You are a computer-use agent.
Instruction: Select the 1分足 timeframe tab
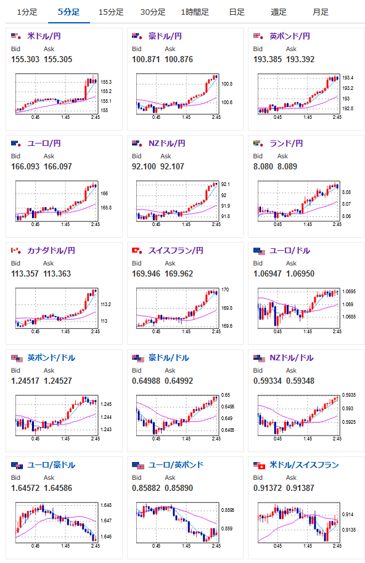tap(27, 12)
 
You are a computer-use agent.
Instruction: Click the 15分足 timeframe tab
tap(111, 12)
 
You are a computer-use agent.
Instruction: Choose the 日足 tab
tap(237, 12)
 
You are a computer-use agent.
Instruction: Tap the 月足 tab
tap(321, 12)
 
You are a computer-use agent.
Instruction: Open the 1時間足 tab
tap(195, 12)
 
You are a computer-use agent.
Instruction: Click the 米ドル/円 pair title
tap(44, 36)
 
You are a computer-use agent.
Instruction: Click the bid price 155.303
tap(25, 59)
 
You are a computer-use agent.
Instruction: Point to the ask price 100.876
tap(179, 59)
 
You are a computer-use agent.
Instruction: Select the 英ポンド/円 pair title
tap(290, 36)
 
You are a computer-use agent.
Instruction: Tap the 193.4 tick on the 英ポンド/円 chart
tap(347, 78)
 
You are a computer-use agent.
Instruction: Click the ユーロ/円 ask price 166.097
tap(58, 166)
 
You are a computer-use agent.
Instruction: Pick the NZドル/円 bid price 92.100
tap(144, 166)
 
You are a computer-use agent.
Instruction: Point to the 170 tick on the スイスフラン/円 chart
tap(225, 290)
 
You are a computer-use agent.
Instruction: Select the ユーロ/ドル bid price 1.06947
tap(268, 273)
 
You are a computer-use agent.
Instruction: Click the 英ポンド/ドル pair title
tap(51, 358)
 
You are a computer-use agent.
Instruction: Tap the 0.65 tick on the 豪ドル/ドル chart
tap(226, 395)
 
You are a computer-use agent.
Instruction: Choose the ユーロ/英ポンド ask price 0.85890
tap(179, 488)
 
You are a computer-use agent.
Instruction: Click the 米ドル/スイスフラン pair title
tap(305, 465)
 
